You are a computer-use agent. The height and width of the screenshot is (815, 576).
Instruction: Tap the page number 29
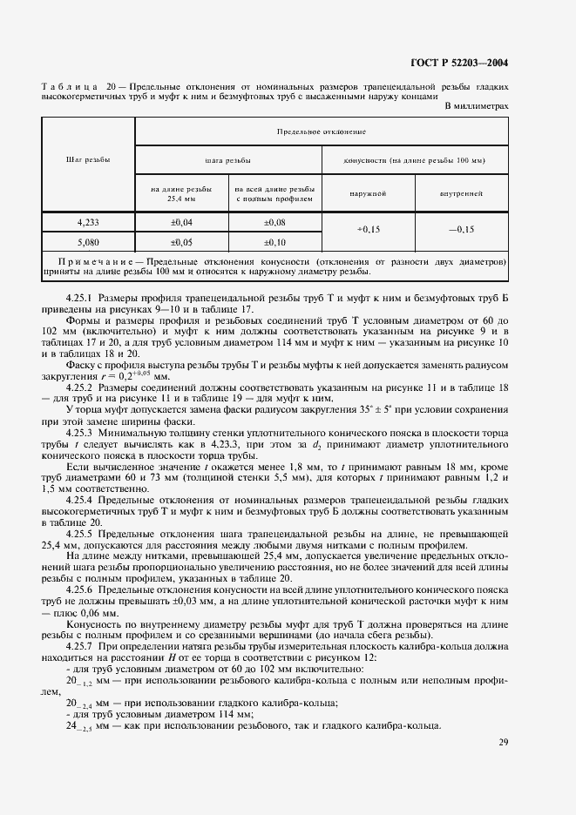[x=503, y=742]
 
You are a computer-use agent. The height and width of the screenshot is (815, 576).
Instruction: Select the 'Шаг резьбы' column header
[x=88, y=160]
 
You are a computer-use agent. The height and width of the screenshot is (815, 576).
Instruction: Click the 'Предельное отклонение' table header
[x=321, y=131]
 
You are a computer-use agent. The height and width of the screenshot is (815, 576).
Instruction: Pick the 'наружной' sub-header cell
[x=368, y=193]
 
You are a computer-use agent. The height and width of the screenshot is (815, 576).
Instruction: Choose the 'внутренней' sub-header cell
[x=461, y=193]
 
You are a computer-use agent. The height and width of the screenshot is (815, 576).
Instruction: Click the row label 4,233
[x=88, y=223]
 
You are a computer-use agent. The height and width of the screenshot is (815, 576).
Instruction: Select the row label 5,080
[x=88, y=242]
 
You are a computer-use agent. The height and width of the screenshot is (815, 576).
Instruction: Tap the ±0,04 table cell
[x=181, y=223]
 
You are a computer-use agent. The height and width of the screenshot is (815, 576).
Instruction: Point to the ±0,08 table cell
[x=274, y=223]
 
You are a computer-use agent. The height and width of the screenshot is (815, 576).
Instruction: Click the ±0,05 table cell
[x=181, y=242]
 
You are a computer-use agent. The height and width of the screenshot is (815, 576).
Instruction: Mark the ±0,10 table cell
[x=274, y=242]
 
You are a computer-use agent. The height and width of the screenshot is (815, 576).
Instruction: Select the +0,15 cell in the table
[x=368, y=232]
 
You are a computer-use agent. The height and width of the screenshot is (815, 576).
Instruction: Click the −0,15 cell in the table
[x=461, y=232]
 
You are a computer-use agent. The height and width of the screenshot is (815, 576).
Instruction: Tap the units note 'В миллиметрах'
[x=477, y=106]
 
